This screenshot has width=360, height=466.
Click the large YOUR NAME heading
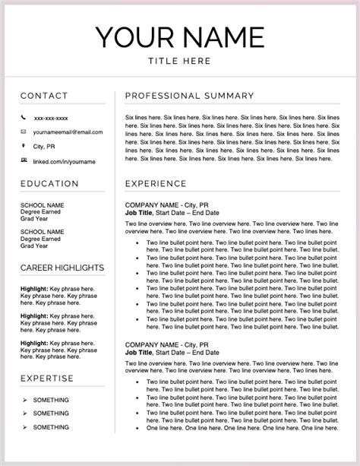click(x=179, y=36)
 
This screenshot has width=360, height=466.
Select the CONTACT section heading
click(x=44, y=96)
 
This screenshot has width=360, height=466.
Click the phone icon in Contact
click(x=24, y=118)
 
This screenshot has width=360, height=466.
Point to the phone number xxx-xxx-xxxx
click(x=51, y=119)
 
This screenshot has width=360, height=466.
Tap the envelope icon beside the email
click(x=24, y=132)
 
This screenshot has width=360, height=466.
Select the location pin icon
click(x=24, y=146)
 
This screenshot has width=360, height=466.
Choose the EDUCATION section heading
click(x=49, y=184)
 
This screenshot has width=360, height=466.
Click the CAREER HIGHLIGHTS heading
click(x=62, y=268)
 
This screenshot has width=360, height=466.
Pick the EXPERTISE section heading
click(x=47, y=378)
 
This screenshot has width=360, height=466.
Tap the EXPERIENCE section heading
click(x=155, y=184)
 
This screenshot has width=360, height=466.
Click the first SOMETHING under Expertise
click(x=51, y=400)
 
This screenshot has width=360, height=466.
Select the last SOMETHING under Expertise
click(x=51, y=427)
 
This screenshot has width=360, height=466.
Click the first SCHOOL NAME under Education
click(x=43, y=204)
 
